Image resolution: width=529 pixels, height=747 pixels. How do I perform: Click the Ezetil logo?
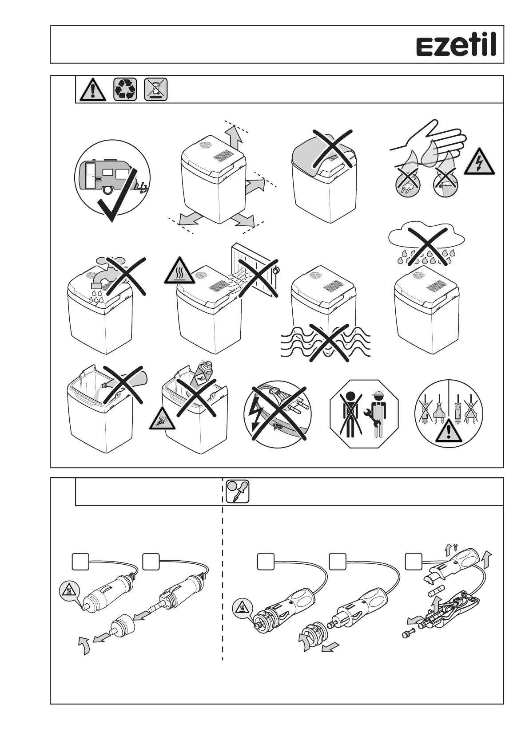coord(456,46)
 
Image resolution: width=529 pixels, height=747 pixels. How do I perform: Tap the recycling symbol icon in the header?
coord(125,89)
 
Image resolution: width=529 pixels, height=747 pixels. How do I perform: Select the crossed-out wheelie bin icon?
coord(156,89)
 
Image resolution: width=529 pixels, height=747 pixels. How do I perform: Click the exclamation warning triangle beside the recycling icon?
coord(93,90)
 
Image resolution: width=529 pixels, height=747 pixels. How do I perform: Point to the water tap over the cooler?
coord(105,275)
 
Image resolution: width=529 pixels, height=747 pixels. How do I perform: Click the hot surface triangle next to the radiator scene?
coord(179,271)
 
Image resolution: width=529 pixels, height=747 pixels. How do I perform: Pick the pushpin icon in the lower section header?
coord(238,491)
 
